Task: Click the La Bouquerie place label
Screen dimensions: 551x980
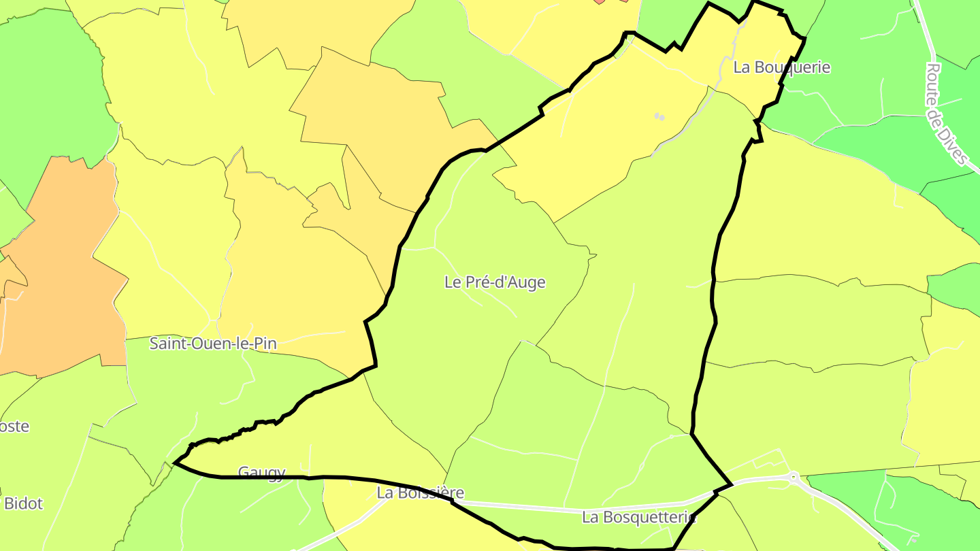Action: pos(782,67)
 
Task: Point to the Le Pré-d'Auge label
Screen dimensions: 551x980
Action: pos(495,282)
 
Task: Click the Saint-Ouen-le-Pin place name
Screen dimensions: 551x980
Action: pos(213,344)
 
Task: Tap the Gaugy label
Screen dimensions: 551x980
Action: pos(261,472)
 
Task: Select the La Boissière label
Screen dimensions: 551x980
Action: pos(421,492)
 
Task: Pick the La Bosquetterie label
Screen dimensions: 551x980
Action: pos(638,517)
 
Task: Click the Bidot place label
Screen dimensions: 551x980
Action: pos(23,504)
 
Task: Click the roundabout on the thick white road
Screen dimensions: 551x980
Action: pos(794,477)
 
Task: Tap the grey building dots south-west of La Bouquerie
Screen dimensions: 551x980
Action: pos(659,117)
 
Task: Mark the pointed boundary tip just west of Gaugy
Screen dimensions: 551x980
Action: pos(176,463)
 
